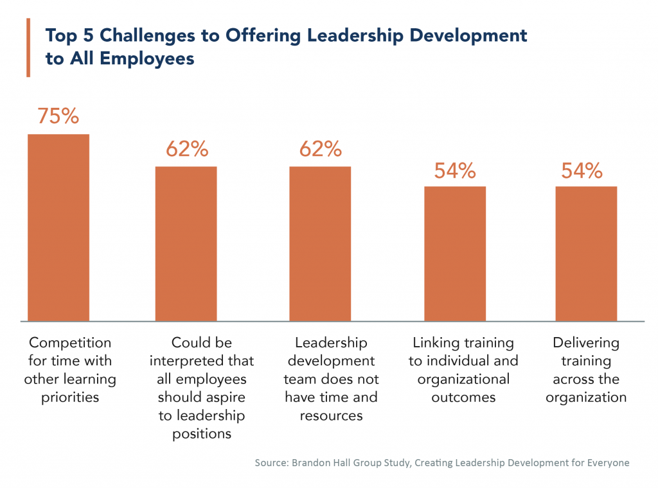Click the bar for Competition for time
pyautogui.click(x=58, y=227)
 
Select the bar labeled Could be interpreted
pyautogui.click(x=186, y=243)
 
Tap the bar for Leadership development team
pyautogui.click(x=319, y=243)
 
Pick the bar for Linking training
pyautogui.click(x=454, y=254)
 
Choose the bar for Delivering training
pyautogui.click(x=586, y=254)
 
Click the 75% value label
pyautogui.click(x=58, y=116)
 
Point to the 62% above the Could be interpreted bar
pyautogui.click(x=186, y=149)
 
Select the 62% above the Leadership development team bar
pyautogui.click(x=320, y=149)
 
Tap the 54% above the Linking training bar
pyautogui.click(x=454, y=170)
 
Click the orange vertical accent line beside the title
pyautogui.click(x=28, y=48)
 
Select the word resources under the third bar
pyautogui.click(x=331, y=415)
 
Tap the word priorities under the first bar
pyautogui.click(x=70, y=397)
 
